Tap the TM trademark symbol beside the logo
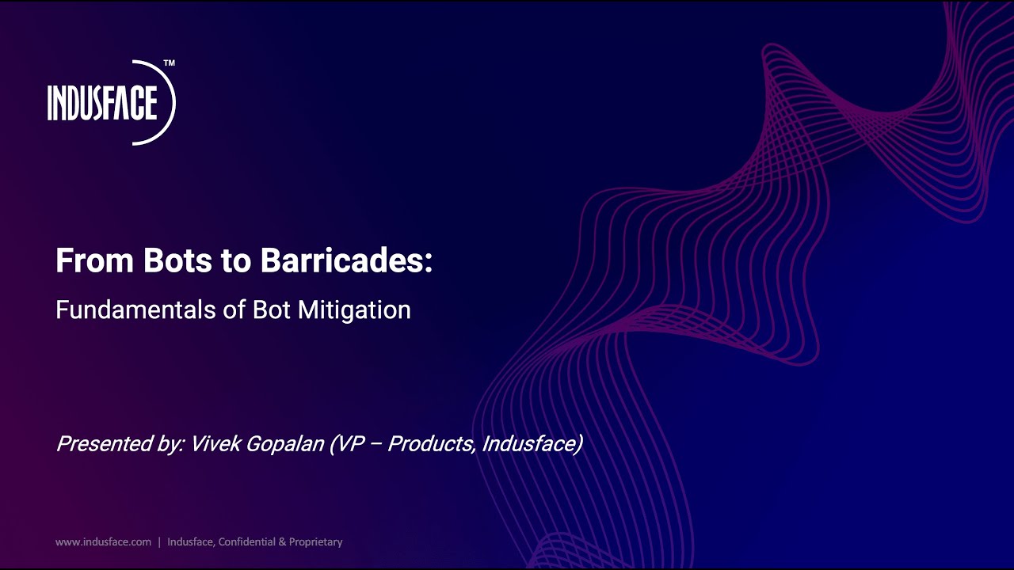[x=169, y=63]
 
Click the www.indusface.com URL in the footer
[x=103, y=542]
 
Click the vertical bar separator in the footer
[x=159, y=542]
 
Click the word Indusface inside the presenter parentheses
[x=532, y=443]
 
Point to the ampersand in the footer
[x=282, y=542]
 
